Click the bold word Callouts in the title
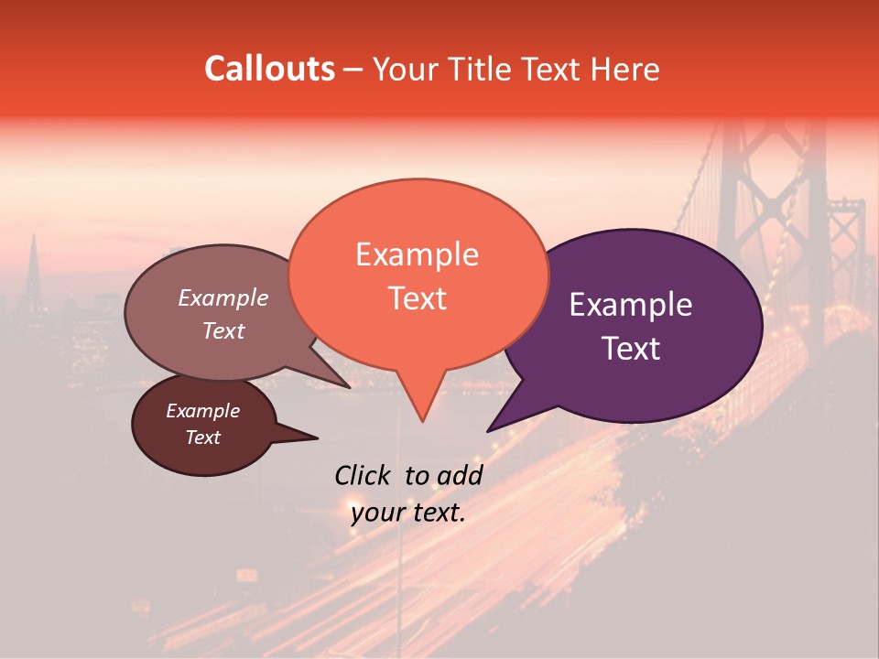269,69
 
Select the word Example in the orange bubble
417,254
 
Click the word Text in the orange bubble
417,297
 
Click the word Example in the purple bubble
631,305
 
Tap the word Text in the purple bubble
631,349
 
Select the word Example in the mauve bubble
222,297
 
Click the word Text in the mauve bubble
222,330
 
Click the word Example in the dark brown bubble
202,411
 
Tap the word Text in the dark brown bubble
202,438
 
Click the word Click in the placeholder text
364,475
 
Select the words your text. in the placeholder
407,513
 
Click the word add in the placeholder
460,475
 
